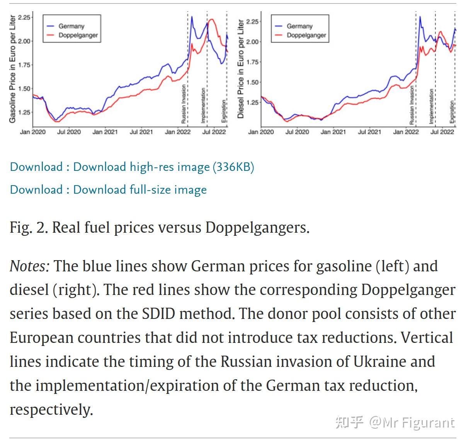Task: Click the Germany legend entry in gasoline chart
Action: [x=71, y=26]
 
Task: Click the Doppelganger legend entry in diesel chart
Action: [x=306, y=35]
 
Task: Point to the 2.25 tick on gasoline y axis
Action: [x=24, y=17]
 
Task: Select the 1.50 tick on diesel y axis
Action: [x=252, y=82]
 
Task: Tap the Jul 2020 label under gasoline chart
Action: [x=69, y=132]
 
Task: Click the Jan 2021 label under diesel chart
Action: [x=333, y=132]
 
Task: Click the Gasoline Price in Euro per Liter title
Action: [x=12, y=69]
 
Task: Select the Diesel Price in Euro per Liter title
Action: [x=241, y=69]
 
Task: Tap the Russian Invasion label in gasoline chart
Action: [x=184, y=104]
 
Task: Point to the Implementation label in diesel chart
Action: [x=431, y=106]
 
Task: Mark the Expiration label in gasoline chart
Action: [x=223, y=111]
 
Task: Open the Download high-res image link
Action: [x=163, y=167]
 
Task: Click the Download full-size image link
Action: [x=139, y=190]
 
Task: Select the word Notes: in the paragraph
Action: [x=29, y=266]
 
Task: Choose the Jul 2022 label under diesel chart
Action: [x=442, y=132]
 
